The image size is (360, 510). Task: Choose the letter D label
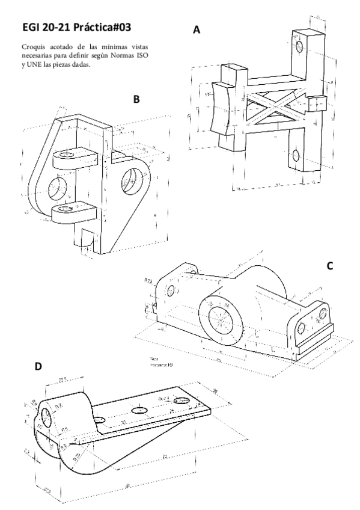(x=40, y=366)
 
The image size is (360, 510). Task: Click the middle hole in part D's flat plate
(x=140, y=410)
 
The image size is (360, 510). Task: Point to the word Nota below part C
(x=155, y=359)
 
